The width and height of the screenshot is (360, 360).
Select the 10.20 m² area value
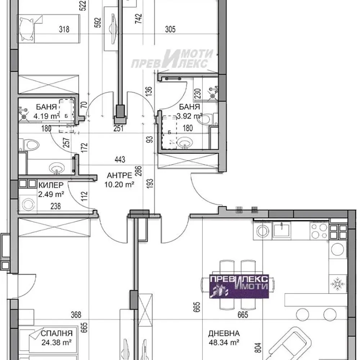[119, 184]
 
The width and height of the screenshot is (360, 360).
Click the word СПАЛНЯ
[57, 333]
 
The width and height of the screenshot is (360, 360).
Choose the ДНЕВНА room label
[224, 334]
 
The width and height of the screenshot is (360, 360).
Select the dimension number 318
[64, 30]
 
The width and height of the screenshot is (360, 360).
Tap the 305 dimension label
[170, 30]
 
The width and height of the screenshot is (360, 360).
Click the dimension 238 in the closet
[55, 206]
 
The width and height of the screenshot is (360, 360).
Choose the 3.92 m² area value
[190, 116]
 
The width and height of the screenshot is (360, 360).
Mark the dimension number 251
[119, 129]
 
